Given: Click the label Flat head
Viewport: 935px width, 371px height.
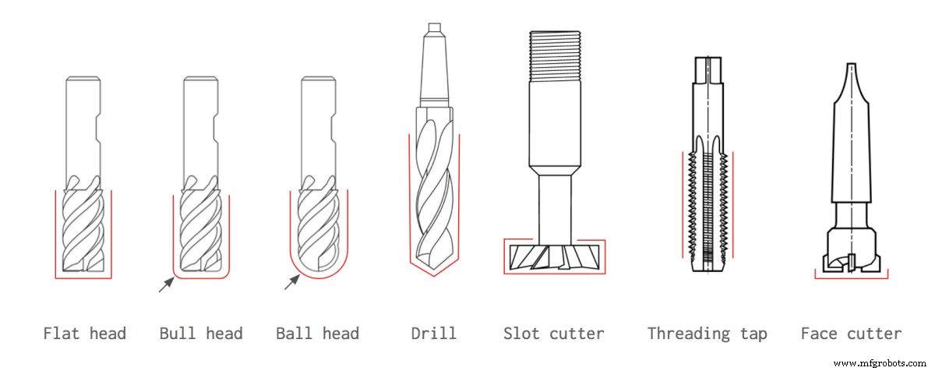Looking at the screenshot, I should point(84,334).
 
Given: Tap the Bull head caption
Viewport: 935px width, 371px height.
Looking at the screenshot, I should point(201,334).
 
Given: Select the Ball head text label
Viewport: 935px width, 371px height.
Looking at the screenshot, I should point(317,334).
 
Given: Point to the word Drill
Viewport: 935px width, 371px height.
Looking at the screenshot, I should point(434,334).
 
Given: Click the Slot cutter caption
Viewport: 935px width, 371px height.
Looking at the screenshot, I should point(553,334).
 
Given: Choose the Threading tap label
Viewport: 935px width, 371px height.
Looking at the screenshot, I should point(707,334).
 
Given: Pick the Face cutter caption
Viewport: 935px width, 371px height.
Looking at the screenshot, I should point(851,334).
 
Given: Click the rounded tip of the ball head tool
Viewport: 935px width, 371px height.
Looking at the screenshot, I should point(318,265).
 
